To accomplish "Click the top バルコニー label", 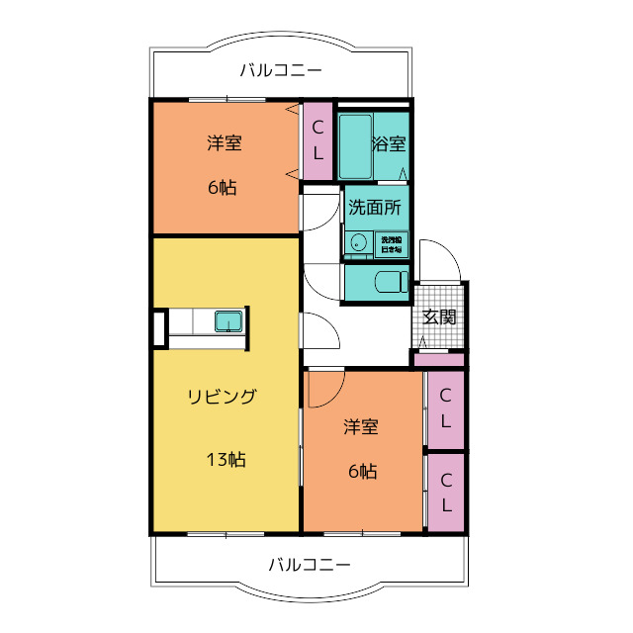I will [281, 70].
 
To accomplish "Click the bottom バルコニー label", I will [310, 565].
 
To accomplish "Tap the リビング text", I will [223, 397].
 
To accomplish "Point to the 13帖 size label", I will [226, 459].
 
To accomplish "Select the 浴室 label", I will [389, 143].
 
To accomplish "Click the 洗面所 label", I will [375, 208].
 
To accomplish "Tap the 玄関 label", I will [439, 316].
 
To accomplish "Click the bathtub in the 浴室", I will [354, 144].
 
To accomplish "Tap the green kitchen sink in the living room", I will [229, 321].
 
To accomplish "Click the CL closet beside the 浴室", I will [317, 140].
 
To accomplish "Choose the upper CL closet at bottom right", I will [446, 407].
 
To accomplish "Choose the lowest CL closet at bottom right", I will [446, 493].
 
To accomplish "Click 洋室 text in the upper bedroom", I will [225, 142].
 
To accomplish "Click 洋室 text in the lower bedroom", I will [361, 427].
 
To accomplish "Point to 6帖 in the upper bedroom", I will [223, 188].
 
